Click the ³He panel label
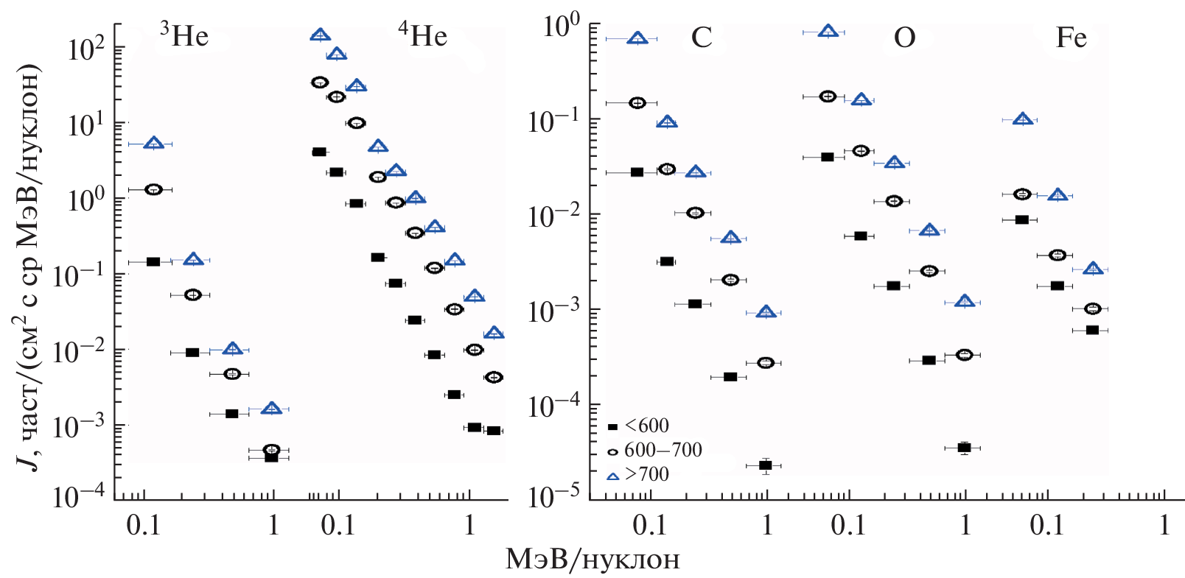pos(185,35)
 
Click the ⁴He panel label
pos(423,35)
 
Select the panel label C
pos(701,37)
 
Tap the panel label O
pos(904,37)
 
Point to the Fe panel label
pos(1071,37)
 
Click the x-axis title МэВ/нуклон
pos(592,560)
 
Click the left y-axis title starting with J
pos(29,265)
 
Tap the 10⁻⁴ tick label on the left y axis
pos(78,496)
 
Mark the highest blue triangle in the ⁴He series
pos(320,35)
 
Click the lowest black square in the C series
pos(765,465)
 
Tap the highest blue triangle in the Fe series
pos(1021,119)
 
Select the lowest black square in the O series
pos(964,448)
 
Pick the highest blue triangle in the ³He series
pos(153,143)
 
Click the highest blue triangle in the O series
pos(828,31)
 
